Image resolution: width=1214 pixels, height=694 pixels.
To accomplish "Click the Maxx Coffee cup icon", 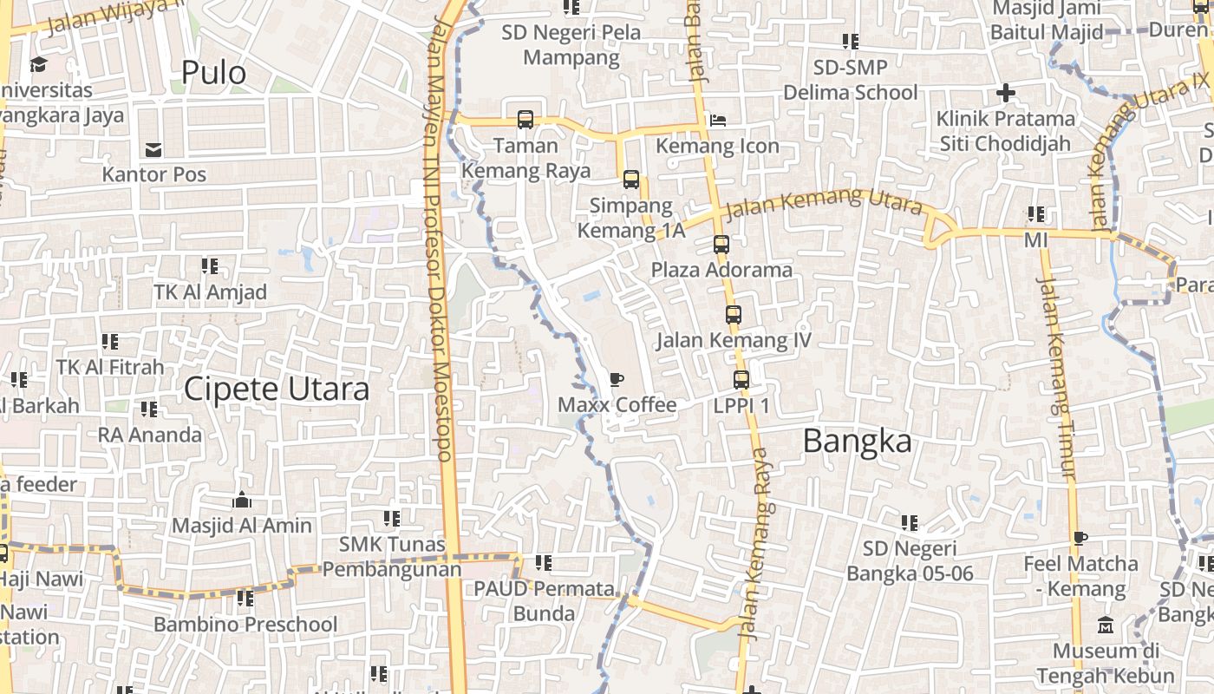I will click(x=616, y=379).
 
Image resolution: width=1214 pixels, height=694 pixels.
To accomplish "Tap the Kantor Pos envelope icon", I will click(x=153, y=150).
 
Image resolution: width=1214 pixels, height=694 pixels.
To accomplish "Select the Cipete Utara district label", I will click(x=276, y=390).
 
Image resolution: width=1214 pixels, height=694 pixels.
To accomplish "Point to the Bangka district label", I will click(x=857, y=442).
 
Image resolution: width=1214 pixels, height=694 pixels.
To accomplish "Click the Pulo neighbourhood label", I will click(x=213, y=73).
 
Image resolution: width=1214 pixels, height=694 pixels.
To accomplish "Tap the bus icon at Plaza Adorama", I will click(x=721, y=245).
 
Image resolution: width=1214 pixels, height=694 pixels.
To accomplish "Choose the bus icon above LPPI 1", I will click(x=741, y=379).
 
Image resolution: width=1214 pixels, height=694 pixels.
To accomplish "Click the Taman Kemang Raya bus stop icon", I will click(x=525, y=120).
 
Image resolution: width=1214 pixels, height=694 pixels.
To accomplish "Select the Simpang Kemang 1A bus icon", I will click(x=630, y=180).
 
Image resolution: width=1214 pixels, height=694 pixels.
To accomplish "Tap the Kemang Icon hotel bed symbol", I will click(x=717, y=120).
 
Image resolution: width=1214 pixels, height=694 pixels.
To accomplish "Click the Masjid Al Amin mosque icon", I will click(x=241, y=500).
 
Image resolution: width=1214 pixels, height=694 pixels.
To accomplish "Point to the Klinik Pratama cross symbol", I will click(x=1005, y=92).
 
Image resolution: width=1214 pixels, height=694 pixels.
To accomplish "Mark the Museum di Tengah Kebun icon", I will click(x=1106, y=625).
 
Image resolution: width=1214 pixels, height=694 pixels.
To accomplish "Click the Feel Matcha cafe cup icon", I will click(x=1080, y=538).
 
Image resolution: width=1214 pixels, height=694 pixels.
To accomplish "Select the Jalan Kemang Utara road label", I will click(x=823, y=204).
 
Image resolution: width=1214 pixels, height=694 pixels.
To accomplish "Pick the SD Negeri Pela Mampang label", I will click(x=571, y=45).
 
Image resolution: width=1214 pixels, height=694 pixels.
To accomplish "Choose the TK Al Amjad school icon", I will click(x=209, y=265).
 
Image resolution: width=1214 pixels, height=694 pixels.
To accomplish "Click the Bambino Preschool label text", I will click(x=245, y=624).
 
